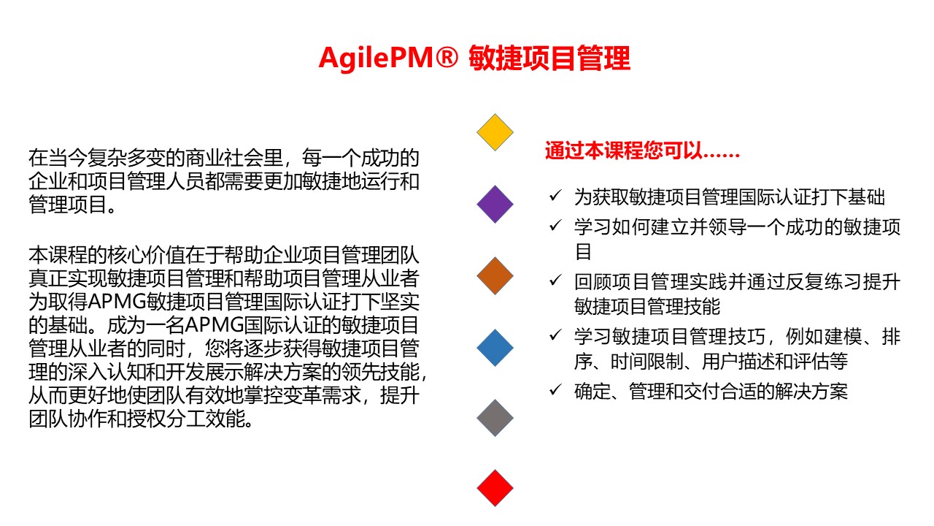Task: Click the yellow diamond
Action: click(x=495, y=132)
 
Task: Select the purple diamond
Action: click(x=495, y=204)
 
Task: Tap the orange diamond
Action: click(x=495, y=276)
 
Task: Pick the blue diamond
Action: click(x=495, y=348)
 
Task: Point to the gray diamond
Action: click(x=495, y=418)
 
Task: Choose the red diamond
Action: click(x=495, y=488)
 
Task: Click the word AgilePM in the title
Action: click(x=376, y=58)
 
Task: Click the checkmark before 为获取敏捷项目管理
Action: click(x=555, y=195)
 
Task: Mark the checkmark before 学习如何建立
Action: click(x=555, y=225)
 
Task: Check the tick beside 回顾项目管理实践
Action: click(x=555, y=280)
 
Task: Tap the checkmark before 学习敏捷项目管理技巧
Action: click(x=555, y=335)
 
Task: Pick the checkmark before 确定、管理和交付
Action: click(x=555, y=389)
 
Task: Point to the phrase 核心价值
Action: click(x=147, y=255)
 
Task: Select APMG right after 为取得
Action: click(x=117, y=302)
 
